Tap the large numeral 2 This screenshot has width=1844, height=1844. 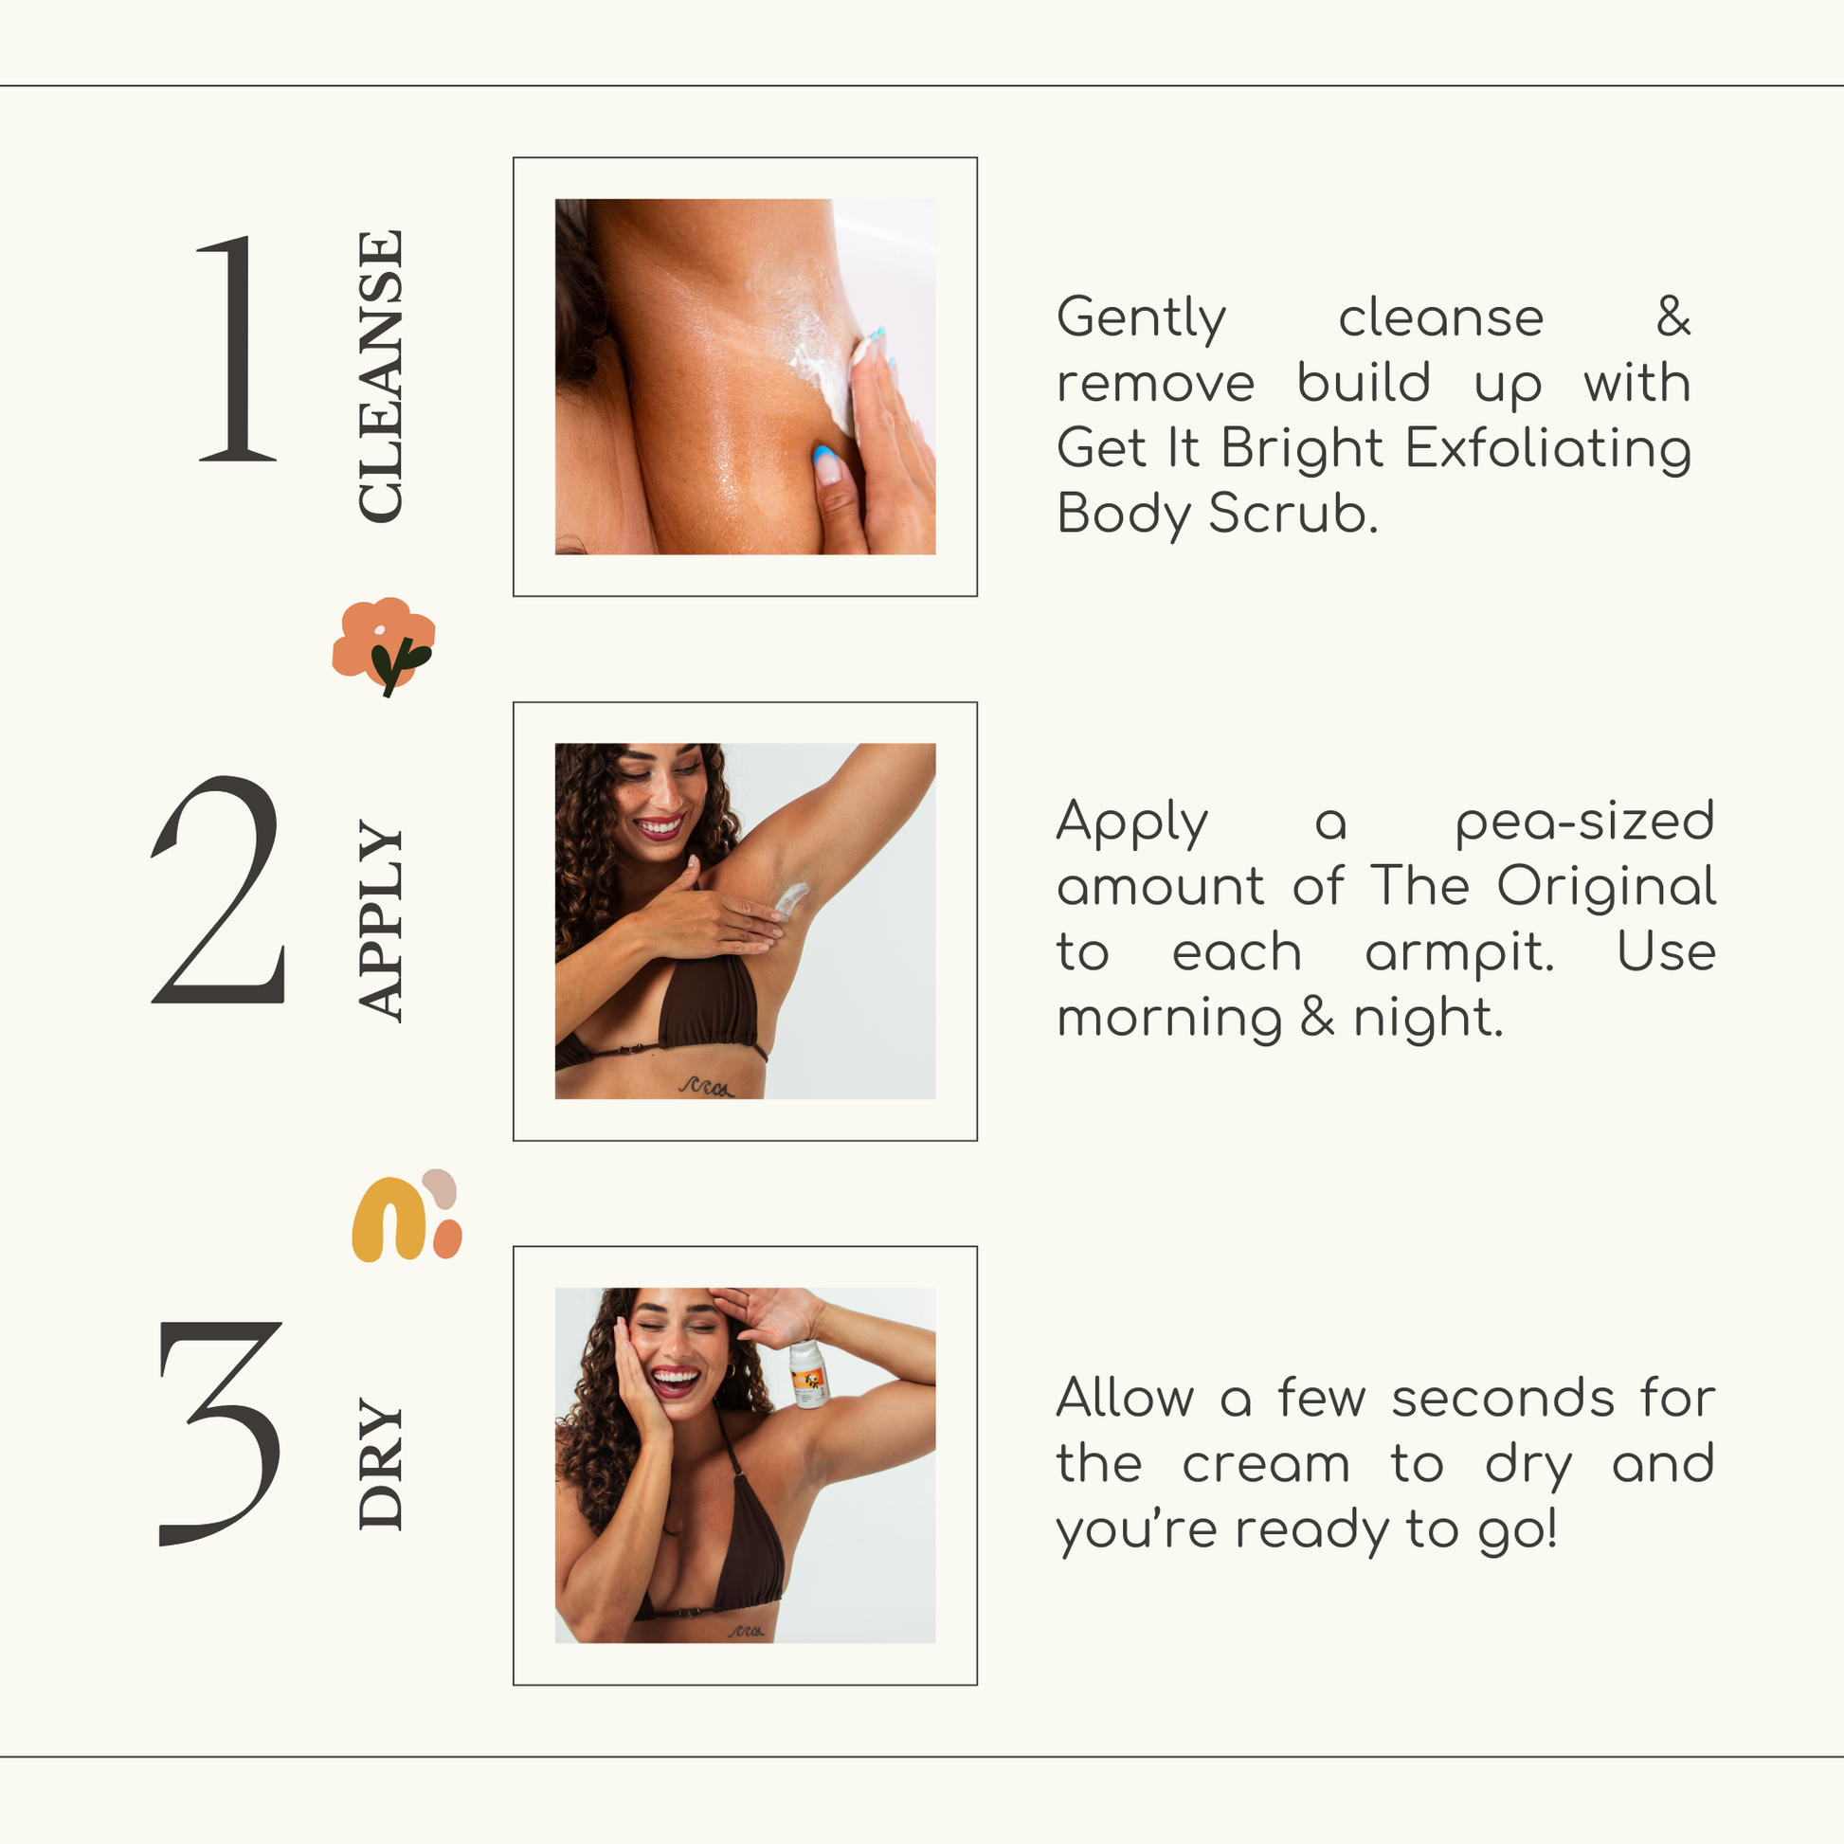click(x=220, y=890)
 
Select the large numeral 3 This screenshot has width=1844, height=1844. click(x=220, y=1434)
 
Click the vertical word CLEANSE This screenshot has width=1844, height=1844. click(x=381, y=376)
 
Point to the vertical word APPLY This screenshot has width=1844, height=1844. click(x=381, y=921)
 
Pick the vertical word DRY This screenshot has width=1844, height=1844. click(x=381, y=1463)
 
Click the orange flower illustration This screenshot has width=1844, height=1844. click(x=384, y=646)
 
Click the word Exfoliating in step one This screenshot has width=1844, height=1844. click(x=1548, y=448)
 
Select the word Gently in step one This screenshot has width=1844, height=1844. click(x=1141, y=318)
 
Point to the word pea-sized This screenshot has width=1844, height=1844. click(x=1584, y=823)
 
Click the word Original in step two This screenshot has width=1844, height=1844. click(x=1606, y=886)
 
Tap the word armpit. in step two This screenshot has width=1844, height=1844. click(x=1458, y=953)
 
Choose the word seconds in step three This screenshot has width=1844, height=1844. click(x=1502, y=1400)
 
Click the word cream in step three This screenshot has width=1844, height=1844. click(x=1266, y=1465)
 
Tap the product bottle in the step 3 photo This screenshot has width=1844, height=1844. click(x=808, y=1374)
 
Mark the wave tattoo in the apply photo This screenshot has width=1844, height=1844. click(x=706, y=1086)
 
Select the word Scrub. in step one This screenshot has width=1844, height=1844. click(x=1293, y=514)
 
